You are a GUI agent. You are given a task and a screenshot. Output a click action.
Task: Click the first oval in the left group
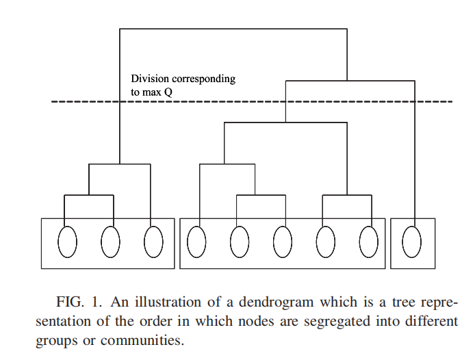(66, 242)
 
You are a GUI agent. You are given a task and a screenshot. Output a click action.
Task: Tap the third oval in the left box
(153, 242)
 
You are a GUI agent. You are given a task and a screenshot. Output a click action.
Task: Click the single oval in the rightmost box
(412, 242)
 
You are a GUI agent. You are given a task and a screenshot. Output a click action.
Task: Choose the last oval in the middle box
(368, 242)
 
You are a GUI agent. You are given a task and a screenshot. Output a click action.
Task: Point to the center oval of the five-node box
(282, 242)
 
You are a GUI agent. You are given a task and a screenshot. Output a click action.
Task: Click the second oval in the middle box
(240, 242)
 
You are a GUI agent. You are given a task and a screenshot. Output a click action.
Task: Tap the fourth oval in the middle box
(326, 242)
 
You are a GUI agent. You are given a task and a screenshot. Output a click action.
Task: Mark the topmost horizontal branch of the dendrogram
(233, 29)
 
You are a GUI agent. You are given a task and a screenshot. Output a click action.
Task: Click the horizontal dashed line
(252, 102)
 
